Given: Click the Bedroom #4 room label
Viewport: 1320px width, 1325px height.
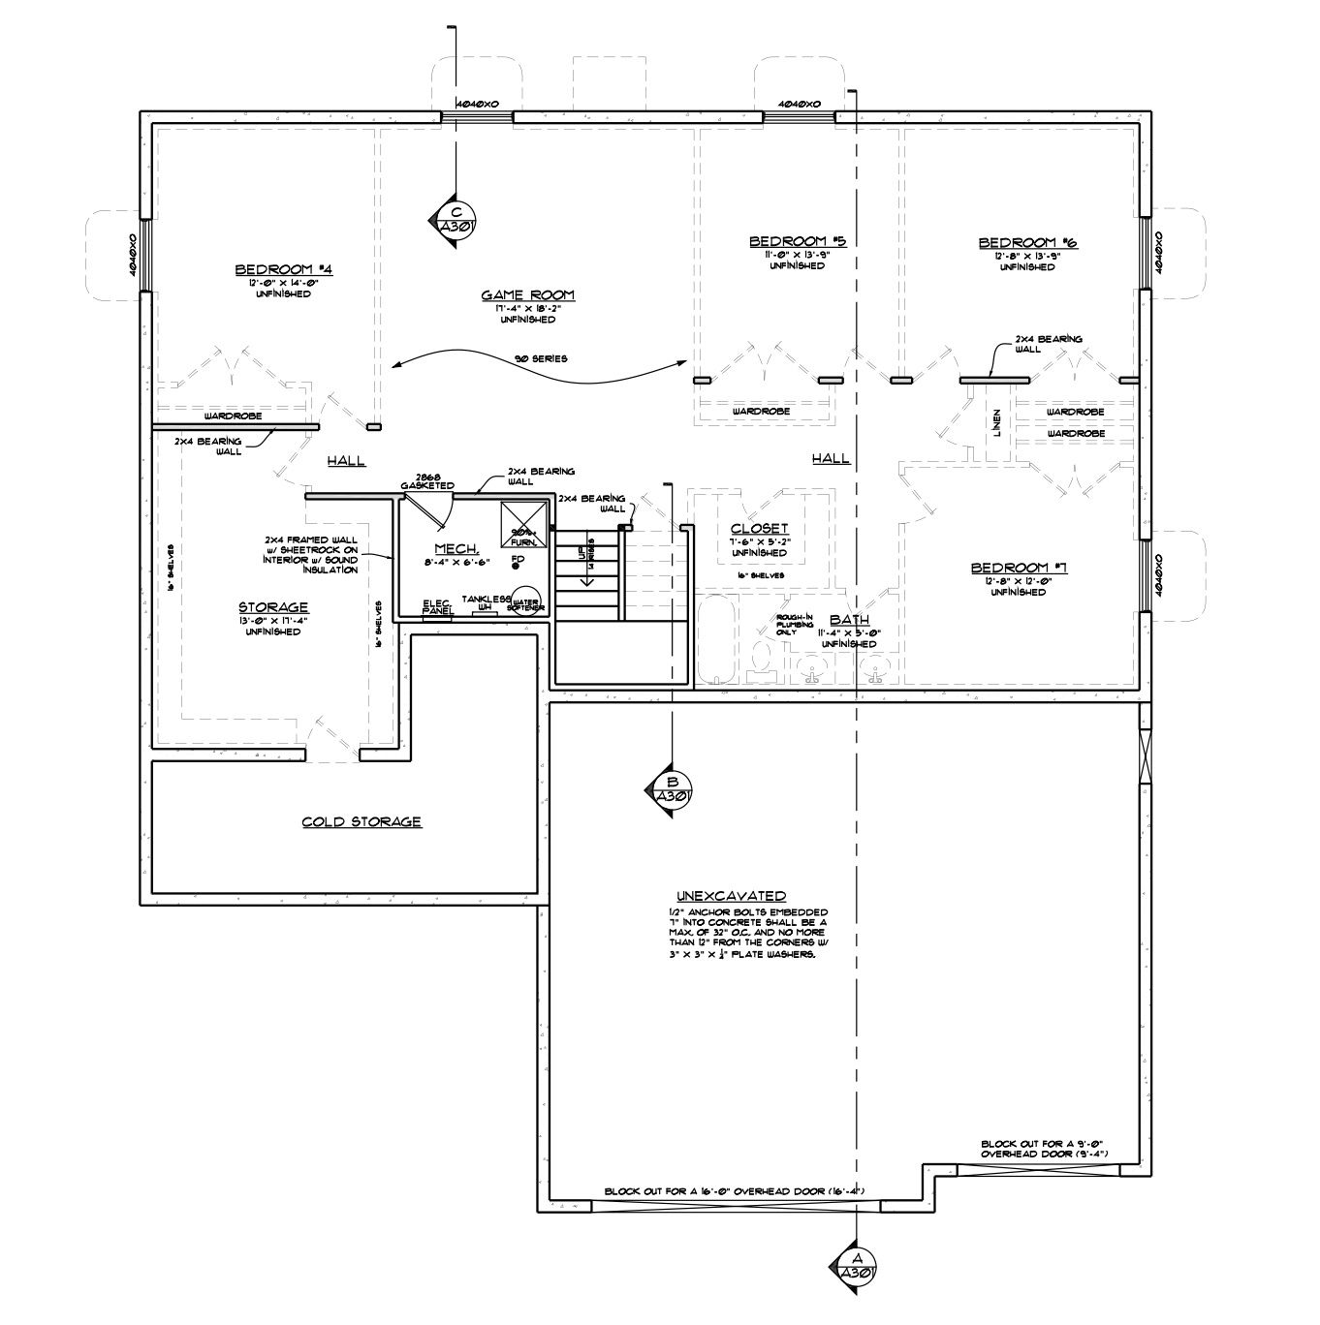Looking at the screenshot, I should tap(284, 269).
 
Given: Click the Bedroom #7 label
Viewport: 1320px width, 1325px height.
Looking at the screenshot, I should tap(1019, 568).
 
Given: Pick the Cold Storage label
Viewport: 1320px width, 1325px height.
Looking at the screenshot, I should tap(361, 822).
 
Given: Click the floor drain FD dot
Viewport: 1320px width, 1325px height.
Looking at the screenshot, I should tap(517, 566).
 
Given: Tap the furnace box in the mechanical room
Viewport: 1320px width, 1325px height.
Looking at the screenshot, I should tap(524, 524).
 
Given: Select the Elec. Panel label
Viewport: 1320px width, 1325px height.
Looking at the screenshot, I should tap(438, 606).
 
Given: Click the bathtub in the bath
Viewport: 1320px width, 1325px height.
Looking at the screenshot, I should tap(718, 640).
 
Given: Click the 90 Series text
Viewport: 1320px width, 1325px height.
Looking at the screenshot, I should tap(542, 359).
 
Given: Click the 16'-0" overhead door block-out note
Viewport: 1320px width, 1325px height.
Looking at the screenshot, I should tap(734, 1190).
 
